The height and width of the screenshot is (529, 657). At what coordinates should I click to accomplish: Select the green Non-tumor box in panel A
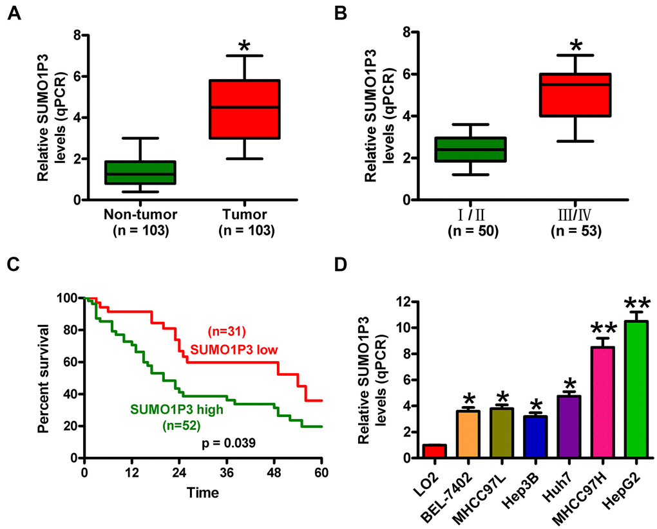pos(149,172)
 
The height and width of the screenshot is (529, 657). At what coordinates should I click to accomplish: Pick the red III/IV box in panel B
pos(584,95)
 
